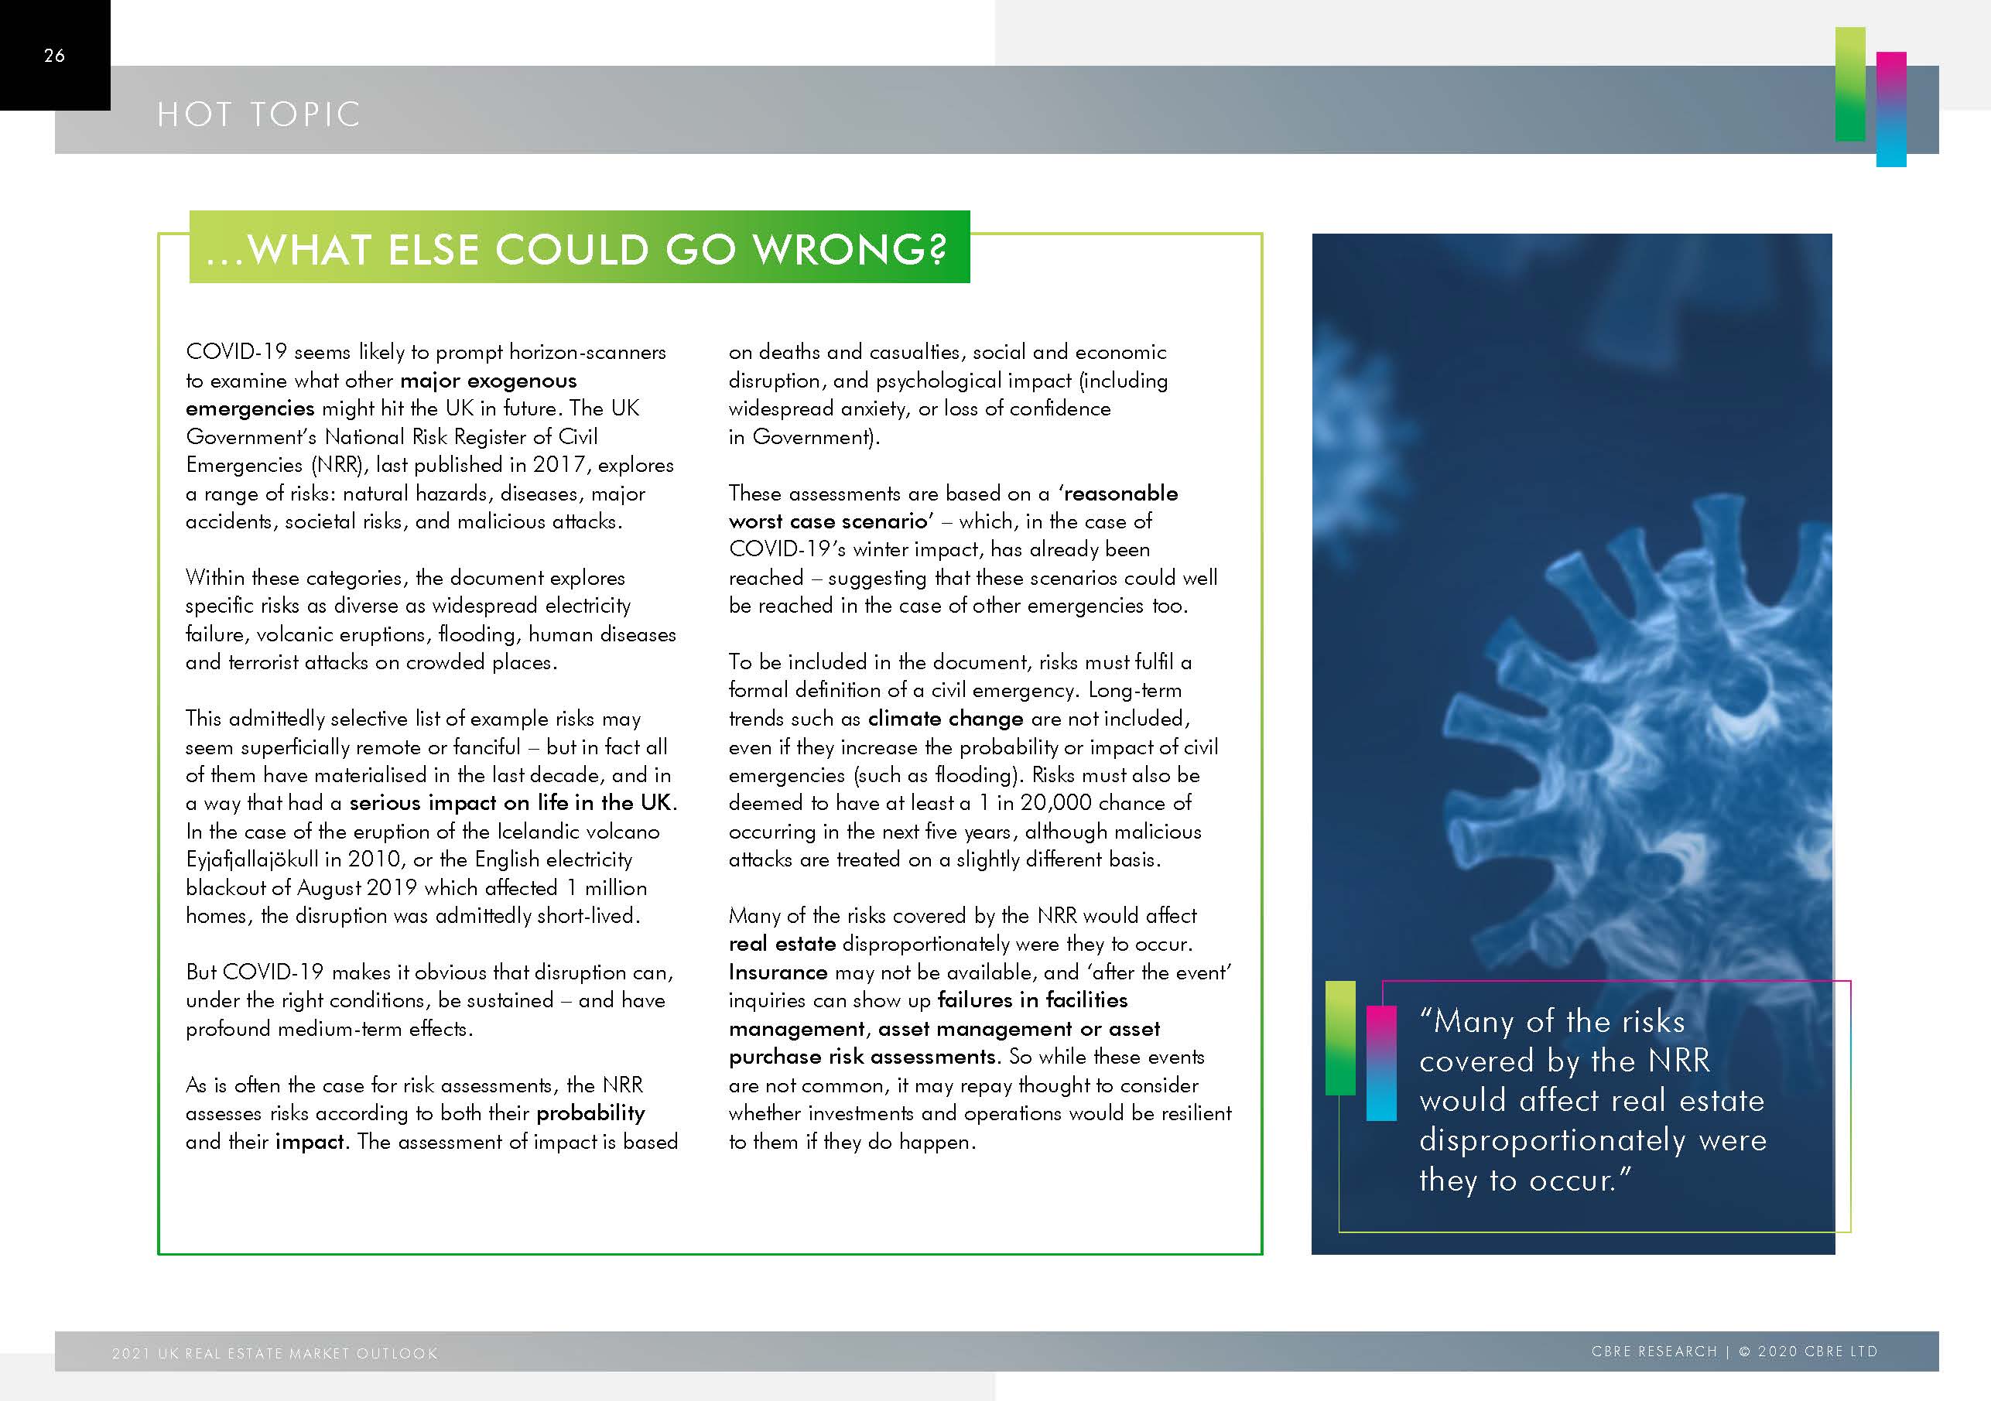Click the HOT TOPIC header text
(x=258, y=114)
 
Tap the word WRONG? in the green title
(x=849, y=250)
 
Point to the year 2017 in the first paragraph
(x=559, y=465)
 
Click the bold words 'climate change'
(x=946, y=719)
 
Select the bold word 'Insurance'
(x=778, y=972)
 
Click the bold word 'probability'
(x=590, y=1113)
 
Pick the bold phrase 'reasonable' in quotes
(x=1120, y=494)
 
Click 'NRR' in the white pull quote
(x=1679, y=1061)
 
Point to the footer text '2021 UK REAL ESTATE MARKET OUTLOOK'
(x=275, y=1353)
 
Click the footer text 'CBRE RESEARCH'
(x=1654, y=1351)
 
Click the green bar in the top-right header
(x=1849, y=84)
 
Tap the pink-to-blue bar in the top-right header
(x=1891, y=109)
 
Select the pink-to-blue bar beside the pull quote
(x=1381, y=1063)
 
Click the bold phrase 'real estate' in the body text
(x=782, y=944)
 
